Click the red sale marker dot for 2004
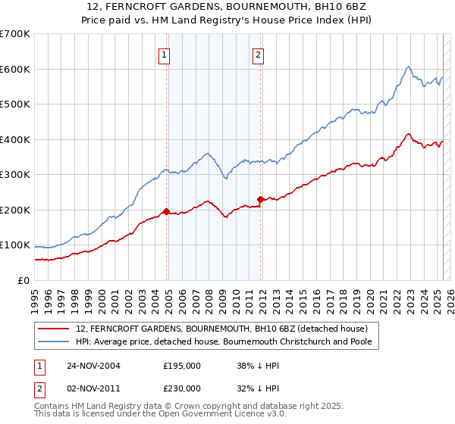[166, 212]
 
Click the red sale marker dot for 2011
[260, 199]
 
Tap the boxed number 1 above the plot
[165, 54]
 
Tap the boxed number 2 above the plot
[258, 54]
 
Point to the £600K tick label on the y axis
[15, 69]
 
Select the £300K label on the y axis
[15, 175]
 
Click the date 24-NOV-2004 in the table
[94, 365]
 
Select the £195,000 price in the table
[181, 365]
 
